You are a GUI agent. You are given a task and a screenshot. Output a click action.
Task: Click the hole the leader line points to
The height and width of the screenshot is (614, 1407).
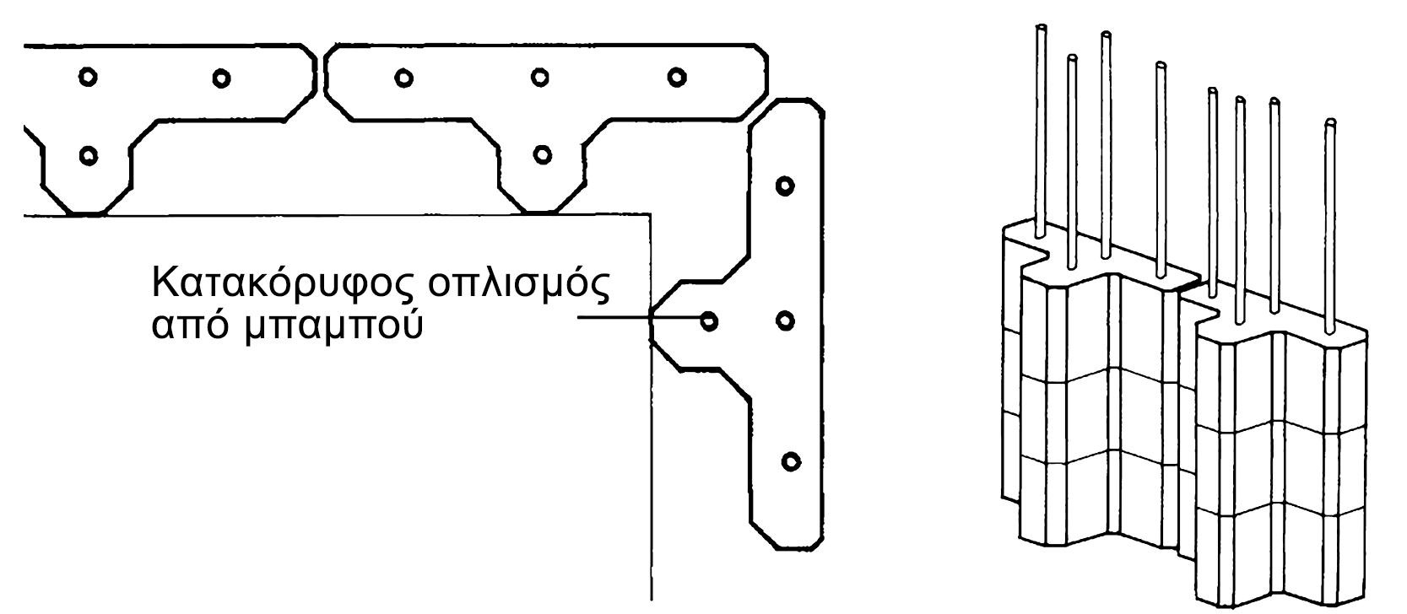point(709,320)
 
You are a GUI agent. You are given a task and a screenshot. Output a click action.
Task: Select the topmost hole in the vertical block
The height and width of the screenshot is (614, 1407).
point(785,185)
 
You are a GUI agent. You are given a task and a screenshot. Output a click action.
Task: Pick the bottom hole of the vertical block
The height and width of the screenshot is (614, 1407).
point(790,460)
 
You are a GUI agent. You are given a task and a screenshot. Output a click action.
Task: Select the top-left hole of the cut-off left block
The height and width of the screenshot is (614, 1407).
point(86,77)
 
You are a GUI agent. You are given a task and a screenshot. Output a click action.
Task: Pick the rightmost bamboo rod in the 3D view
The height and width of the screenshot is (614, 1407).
point(1330,219)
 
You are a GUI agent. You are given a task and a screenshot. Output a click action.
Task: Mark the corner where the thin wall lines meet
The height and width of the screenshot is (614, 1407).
point(651,215)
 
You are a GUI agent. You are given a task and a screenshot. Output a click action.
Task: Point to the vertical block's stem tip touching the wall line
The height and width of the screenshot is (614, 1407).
point(651,320)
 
